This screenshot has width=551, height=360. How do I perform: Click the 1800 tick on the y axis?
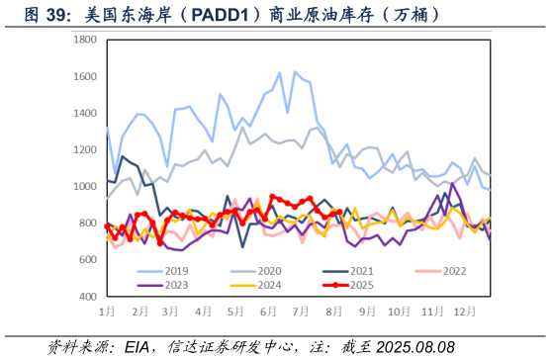pyautogui.click(x=85, y=40)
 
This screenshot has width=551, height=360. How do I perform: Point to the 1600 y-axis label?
pyautogui.click(x=85, y=76)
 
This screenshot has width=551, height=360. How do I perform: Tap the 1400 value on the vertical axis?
pyautogui.click(x=85, y=113)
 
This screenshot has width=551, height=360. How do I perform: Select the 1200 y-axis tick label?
pyautogui.click(x=85, y=149)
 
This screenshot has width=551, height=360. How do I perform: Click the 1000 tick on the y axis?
pyautogui.click(x=85, y=186)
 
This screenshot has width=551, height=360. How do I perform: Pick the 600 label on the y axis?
pyautogui.click(x=88, y=259)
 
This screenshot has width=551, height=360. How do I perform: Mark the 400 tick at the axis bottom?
pyautogui.click(x=88, y=296)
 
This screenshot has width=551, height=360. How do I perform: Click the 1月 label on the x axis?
pyautogui.click(x=107, y=311)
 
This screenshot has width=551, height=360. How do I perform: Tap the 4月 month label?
pyautogui.click(x=203, y=311)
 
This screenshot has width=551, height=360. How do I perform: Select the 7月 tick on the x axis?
pyautogui.click(x=301, y=311)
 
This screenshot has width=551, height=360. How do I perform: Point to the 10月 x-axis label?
pyautogui.click(x=398, y=311)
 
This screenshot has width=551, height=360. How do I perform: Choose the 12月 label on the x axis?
pyautogui.click(x=462, y=311)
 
